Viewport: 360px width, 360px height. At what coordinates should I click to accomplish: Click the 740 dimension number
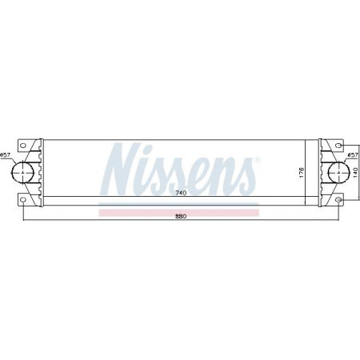pyautogui.click(x=181, y=193)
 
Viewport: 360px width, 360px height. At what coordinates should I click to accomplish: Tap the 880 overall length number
pyautogui.click(x=181, y=217)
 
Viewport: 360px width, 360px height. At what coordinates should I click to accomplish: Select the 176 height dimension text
pyautogui.click(x=302, y=172)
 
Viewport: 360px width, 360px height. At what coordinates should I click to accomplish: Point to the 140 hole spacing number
pyautogui.click(x=355, y=172)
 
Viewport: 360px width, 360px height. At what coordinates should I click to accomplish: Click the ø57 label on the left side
pyautogui.click(x=5, y=154)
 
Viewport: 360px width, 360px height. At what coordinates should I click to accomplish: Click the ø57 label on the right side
pyautogui.click(x=354, y=155)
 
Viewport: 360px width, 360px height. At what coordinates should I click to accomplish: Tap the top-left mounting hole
pyautogui.click(x=23, y=146)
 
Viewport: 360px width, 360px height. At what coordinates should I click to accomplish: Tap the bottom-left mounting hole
pyautogui.click(x=23, y=200)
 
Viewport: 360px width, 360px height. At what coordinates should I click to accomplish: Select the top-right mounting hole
pyautogui.click(x=338, y=146)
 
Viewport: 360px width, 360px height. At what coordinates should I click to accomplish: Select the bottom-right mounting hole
pyautogui.click(x=338, y=200)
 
